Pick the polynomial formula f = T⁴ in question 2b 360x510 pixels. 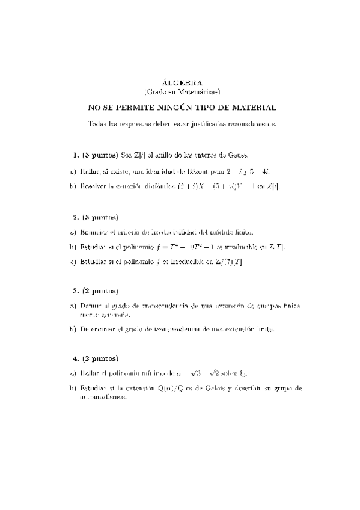click(171, 247)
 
